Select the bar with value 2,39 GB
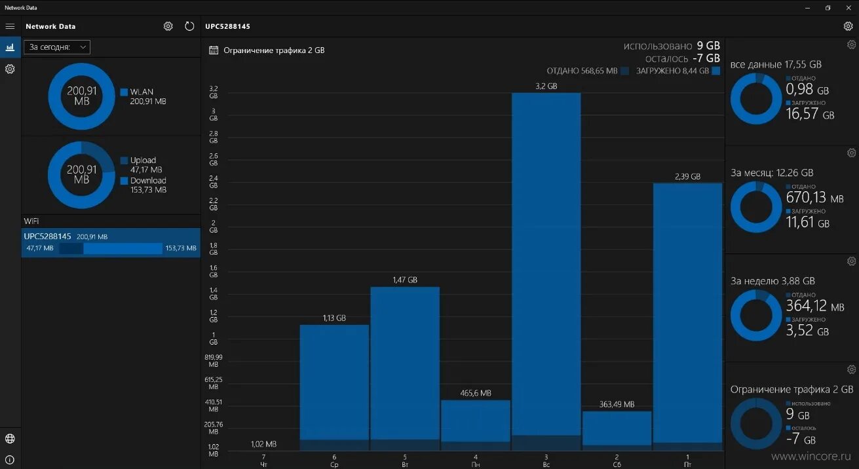coord(687,314)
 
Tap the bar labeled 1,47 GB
coord(404,367)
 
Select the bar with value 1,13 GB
coord(334,386)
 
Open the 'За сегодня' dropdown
coord(57,47)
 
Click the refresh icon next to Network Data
coord(189,26)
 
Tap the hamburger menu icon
coord(10,26)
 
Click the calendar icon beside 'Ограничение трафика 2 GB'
coord(213,50)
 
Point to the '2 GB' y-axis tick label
coord(213,227)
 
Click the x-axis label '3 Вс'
coord(546,460)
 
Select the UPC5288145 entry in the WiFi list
coord(111,242)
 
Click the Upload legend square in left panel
coord(124,160)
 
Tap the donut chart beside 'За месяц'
coord(755,206)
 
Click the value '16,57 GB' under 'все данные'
coord(810,115)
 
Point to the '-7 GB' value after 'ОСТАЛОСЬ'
coord(706,58)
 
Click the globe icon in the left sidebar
coord(10,439)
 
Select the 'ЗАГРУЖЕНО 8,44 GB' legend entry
coord(678,71)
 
